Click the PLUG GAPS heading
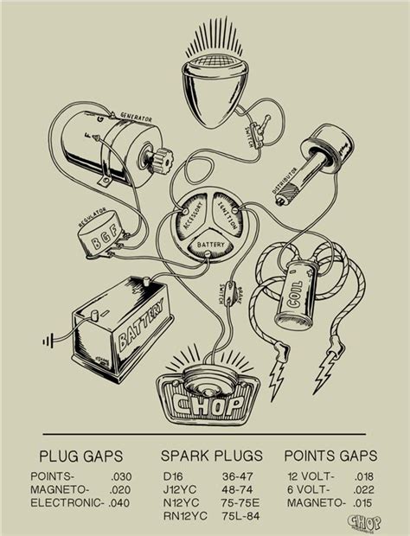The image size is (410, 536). coord(80,456)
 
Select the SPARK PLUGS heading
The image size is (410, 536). coord(204,456)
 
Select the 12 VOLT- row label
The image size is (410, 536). coord(307,476)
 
